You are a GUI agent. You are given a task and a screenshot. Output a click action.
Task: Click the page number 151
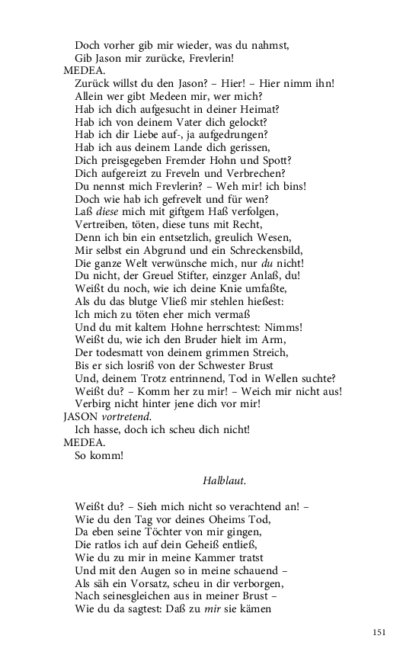coord(380,632)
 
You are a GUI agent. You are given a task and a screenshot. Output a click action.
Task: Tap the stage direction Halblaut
coord(225,481)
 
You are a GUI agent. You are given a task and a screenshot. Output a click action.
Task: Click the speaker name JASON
coord(81,416)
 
